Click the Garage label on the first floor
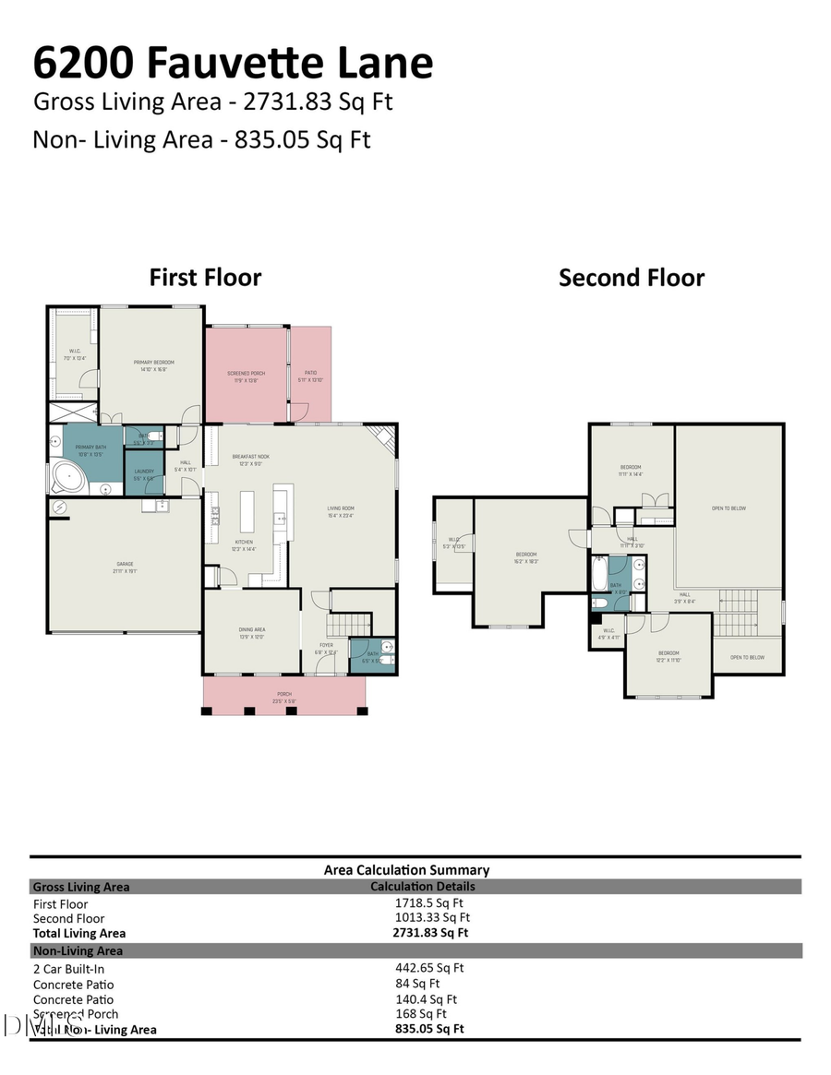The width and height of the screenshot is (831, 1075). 125,564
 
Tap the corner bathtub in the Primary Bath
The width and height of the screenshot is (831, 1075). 66,478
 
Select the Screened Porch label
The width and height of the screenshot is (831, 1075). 247,373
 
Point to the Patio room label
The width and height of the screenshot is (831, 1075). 309,373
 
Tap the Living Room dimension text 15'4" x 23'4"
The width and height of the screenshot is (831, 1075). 341,515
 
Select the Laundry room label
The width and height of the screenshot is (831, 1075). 143,471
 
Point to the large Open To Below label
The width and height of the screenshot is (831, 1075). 729,508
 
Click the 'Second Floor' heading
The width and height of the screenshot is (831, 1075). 632,278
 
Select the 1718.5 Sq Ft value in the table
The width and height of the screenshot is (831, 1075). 429,903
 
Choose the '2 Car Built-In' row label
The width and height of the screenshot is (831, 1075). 68,969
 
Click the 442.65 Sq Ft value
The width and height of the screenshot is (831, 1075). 429,968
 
